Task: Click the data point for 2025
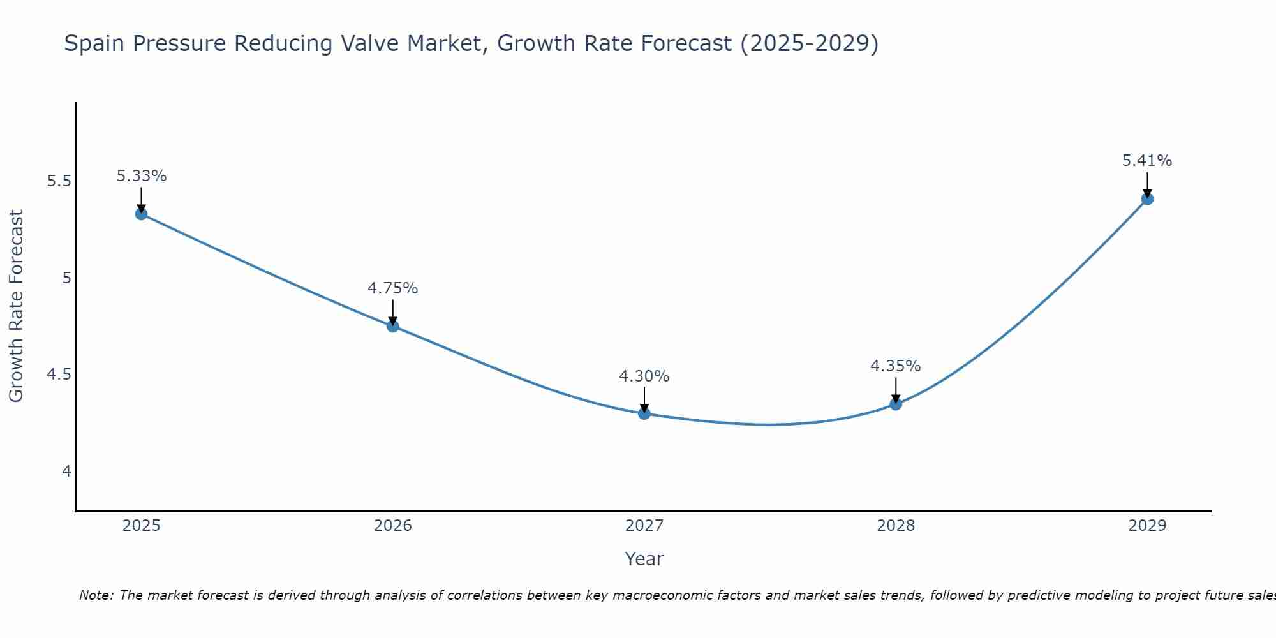click(x=142, y=214)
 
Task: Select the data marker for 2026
click(x=393, y=326)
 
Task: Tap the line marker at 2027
click(x=644, y=413)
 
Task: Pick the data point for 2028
click(x=896, y=404)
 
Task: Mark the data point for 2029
click(x=1147, y=198)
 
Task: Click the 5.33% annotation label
click(x=142, y=176)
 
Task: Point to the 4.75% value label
click(x=393, y=288)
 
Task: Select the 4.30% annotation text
click(x=644, y=376)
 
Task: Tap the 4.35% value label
click(x=896, y=366)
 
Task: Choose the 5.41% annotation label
click(x=1147, y=161)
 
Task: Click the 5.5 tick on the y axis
click(x=59, y=181)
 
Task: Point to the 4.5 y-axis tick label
click(x=59, y=375)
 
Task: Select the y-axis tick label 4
click(x=66, y=471)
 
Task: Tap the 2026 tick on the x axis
click(x=393, y=526)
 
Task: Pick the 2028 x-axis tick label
click(x=896, y=526)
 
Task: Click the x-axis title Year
click(x=644, y=559)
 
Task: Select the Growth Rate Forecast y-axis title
click(x=17, y=306)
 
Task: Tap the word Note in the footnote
click(x=96, y=595)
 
